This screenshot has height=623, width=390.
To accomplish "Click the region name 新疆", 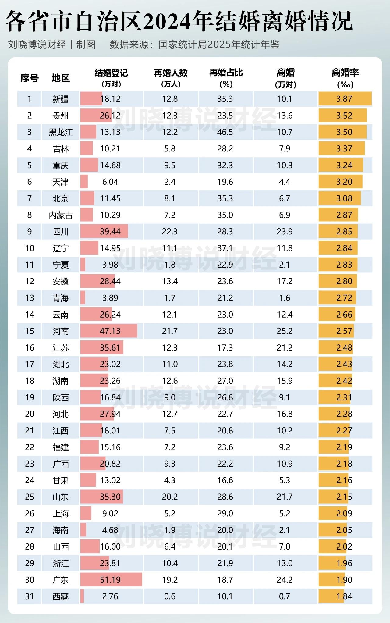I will point(61,99).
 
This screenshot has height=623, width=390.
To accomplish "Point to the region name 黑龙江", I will point(61,132).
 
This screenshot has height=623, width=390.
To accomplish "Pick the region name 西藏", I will point(61,596).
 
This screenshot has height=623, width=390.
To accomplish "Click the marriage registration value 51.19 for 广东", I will point(110,580).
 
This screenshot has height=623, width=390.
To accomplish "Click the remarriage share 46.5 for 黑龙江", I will point(225,132).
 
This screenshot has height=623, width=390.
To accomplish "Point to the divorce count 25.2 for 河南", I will point(285,331).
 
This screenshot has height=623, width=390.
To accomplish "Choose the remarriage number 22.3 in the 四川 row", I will point(170,232).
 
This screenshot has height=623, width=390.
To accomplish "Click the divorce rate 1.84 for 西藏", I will point(344,596).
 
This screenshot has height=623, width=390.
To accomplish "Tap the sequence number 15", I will point(30,331).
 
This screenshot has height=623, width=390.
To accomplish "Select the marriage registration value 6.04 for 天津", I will point(110,182).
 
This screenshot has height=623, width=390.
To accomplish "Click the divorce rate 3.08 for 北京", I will point(344,198).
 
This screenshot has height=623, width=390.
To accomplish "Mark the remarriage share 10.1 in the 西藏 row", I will point(225,596).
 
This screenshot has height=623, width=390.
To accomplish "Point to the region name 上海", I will point(61,514).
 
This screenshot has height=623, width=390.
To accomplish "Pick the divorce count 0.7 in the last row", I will point(285,596).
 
